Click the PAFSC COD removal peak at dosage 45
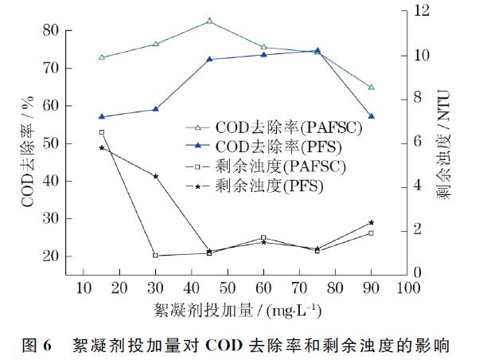[x=209, y=21]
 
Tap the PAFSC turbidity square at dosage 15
[x=102, y=132]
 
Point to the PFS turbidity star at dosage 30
[x=155, y=176]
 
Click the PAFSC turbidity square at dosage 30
[x=155, y=256]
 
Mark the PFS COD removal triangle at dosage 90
[x=372, y=116]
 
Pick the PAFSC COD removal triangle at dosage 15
[x=102, y=57]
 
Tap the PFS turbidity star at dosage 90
[x=372, y=222]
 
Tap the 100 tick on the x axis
[x=407, y=288]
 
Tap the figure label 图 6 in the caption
[x=37, y=346]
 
